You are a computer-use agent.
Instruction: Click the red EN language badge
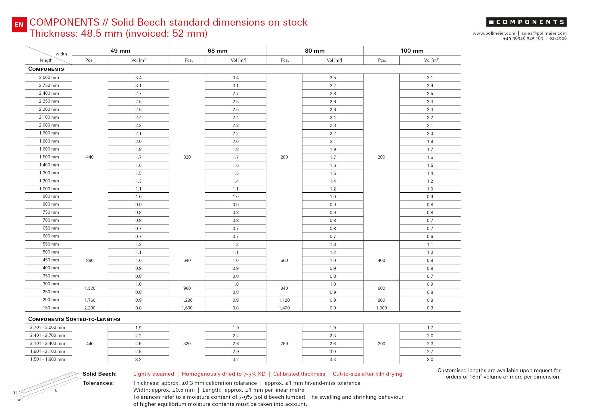coord(19,24)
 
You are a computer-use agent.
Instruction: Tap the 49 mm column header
coord(120,51)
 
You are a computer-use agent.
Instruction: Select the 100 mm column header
coord(412,51)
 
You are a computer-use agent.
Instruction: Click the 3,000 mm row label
coord(49,78)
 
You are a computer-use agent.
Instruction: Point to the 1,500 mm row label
coord(49,157)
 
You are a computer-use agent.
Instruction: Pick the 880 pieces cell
coord(90,260)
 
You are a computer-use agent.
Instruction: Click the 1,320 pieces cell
coord(90,288)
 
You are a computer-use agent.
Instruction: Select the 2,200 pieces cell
coord(90,308)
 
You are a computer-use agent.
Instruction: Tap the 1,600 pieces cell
coord(187,308)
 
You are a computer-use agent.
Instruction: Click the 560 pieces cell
coord(284,260)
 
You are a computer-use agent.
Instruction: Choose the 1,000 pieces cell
coord(381,308)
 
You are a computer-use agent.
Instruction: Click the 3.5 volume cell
coord(333,78)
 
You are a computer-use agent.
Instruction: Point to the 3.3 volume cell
coord(333,360)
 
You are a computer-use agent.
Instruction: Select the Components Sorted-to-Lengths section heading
coord(74,319)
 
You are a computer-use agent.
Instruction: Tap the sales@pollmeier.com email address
coord(544,33)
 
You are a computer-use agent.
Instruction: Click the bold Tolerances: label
coord(98,383)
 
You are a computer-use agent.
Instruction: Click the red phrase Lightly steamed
coord(154,374)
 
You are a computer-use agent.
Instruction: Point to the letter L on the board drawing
coord(56,391)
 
